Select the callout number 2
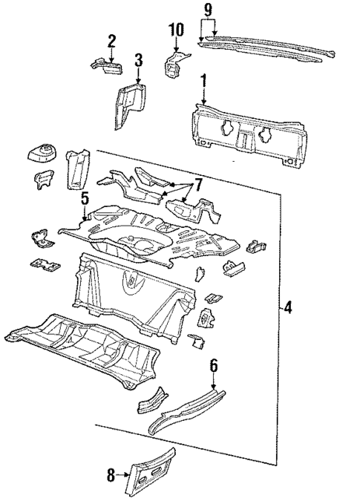coord(111,40)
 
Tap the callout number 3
coord(138,60)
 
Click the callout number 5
coord(85,198)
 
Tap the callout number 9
coord(208,10)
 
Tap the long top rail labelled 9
coord(267,49)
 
